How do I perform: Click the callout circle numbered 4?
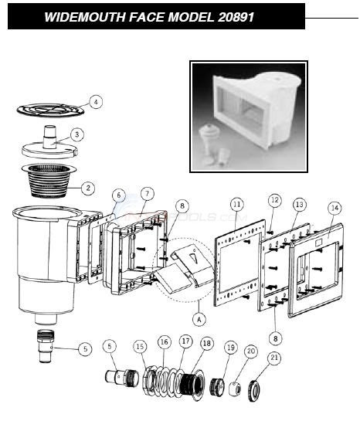point(96,102)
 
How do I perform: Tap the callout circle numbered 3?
point(77,134)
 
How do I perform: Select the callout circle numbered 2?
point(88,188)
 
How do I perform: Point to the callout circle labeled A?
point(199,319)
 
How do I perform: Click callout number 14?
point(335,208)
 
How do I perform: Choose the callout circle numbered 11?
point(236,205)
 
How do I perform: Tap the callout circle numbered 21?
point(273,358)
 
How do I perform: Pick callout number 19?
point(231,348)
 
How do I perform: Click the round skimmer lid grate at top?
point(50,110)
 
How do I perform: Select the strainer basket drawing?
point(49,181)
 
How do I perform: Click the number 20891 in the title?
point(236,17)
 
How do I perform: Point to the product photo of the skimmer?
point(249,117)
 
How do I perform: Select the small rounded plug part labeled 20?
point(235,389)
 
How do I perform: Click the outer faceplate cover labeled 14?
point(316,270)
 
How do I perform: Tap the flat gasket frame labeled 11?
point(239,263)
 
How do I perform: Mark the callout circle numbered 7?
point(147,194)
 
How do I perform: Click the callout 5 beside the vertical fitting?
point(86,349)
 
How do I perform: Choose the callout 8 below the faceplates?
point(276,338)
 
